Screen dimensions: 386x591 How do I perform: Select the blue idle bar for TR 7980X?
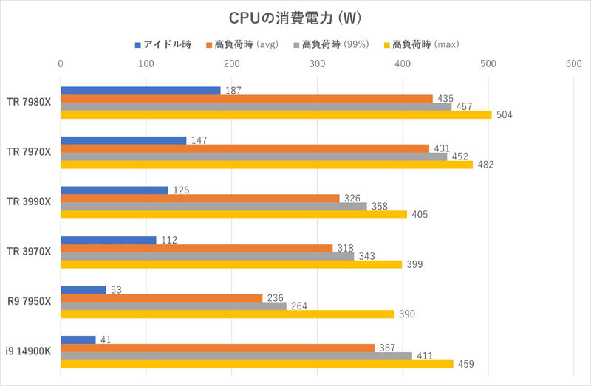tap(140, 91)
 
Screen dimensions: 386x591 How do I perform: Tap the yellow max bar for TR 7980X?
tap(276, 114)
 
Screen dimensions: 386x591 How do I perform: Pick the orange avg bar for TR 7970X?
tap(245, 148)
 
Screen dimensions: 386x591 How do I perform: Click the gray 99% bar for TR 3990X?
tap(213, 206)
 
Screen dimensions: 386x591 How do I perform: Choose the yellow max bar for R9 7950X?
tap(227, 314)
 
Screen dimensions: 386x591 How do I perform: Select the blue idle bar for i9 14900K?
tap(78, 340)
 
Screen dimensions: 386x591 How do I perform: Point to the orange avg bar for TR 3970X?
tap(197, 248)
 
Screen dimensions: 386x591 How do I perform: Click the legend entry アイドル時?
tap(163, 45)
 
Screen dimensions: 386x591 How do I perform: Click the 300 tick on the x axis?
tap(317, 64)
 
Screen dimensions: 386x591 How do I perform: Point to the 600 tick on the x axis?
tap(574, 64)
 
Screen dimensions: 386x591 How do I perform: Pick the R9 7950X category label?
tap(30, 301)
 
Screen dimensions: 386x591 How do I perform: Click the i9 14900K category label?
tap(29, 351)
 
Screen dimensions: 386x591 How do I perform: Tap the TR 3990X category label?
tap(30, 201)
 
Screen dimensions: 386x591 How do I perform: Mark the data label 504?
tap(505, 114)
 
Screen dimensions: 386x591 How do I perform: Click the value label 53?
tap(116, 289)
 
